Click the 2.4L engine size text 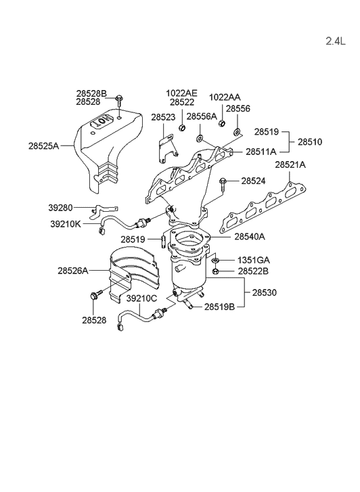[335, 41]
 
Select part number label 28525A [43, 146]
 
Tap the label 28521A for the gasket [290, 164]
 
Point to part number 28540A [250, 237]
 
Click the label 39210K [66, 224]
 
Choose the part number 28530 [265, 293]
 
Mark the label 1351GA [254, 260]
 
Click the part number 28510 [310, 142]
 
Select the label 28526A [73, 271]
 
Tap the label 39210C [141, 298]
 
